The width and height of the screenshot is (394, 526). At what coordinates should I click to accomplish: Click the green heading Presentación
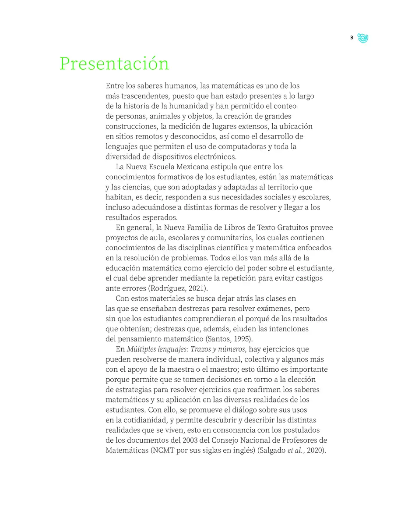pyautogui.click(x=114, y=64)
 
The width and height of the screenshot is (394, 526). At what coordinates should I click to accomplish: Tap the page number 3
pyautogui.click(x=352, y=38)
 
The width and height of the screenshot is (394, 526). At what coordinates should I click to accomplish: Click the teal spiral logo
pyautogui.click(x=362, y=38)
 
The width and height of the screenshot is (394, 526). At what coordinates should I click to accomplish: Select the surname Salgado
pyautogui.click(x=272, y=450)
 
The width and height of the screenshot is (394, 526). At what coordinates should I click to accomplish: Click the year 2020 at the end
pyautogui.click(x=317, y=450)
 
